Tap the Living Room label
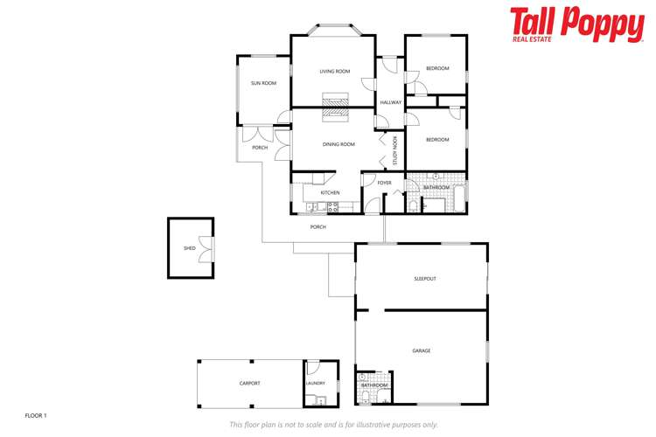[x=334, y=72]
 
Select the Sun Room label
[x=263, y=83]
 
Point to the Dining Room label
[x=338, y=144]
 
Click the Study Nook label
[x=395, y=150]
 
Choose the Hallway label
[x=390, y=103]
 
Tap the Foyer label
[x=384, y=183]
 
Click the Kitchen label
[x=330, y=192]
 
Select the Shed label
[x=190, y=248]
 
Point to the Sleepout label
[x=425, y=279]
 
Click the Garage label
[x=422, y=350]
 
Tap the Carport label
[x=250, y=383]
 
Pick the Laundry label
[x=316, y=383]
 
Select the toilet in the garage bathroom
[x=366, y=397]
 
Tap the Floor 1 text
[x=35, y=415]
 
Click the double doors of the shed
[x=206, y=249]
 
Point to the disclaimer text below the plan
[x=333, y=425]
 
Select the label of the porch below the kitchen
[x=318, y=227]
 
